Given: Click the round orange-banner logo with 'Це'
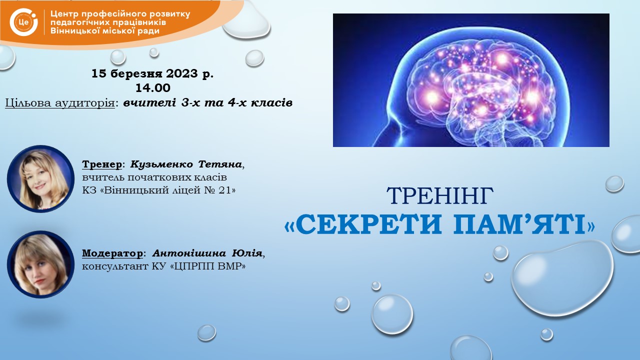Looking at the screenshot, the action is point(23,22).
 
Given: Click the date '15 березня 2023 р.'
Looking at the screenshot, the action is point(152,73).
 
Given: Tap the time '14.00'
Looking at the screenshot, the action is point(153,88).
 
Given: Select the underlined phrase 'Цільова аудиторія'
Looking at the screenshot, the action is point(60,103).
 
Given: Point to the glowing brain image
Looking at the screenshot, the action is point(471,80).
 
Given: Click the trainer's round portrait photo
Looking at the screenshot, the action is point(40,179).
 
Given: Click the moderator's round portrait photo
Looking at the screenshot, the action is point(40,264).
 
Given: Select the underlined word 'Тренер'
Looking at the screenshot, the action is point(102,164).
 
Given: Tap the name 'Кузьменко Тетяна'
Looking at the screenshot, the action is point(186,164).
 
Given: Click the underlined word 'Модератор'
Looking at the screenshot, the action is point(112,253).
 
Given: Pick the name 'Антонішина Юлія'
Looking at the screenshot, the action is point(207,253).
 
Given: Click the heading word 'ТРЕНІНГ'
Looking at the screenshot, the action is point(440,196).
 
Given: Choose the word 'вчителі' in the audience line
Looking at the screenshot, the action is point(149,102).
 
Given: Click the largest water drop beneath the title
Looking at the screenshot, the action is point(562,277).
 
